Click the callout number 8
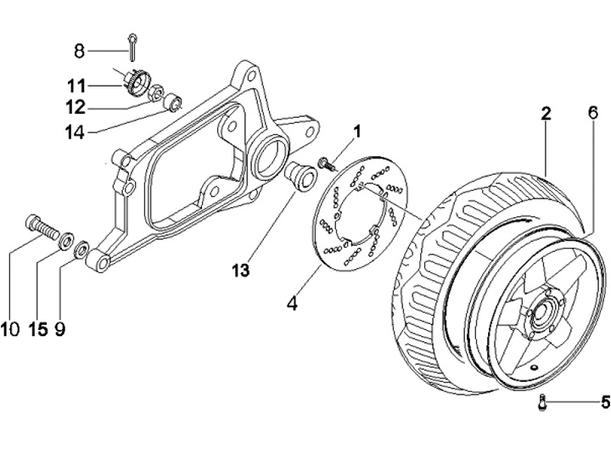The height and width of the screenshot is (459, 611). [x=80, y=52]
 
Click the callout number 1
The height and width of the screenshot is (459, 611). [x=357, y=132]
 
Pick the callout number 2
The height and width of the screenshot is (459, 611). [x=546, y=115]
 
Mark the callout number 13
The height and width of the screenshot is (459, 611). [x=241, y=270]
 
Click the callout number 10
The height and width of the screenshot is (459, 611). [x=10, y=328]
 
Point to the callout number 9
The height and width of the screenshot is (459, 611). [x=59, y=328]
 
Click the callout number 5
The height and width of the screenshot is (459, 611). [x=604, y=402]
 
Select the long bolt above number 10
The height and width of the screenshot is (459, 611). [x=37, y=225]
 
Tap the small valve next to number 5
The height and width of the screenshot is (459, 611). [x=541, y=404]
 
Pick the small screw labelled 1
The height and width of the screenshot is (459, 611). [x=325, y=161]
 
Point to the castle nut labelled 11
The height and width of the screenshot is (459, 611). [x=132, y=81]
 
